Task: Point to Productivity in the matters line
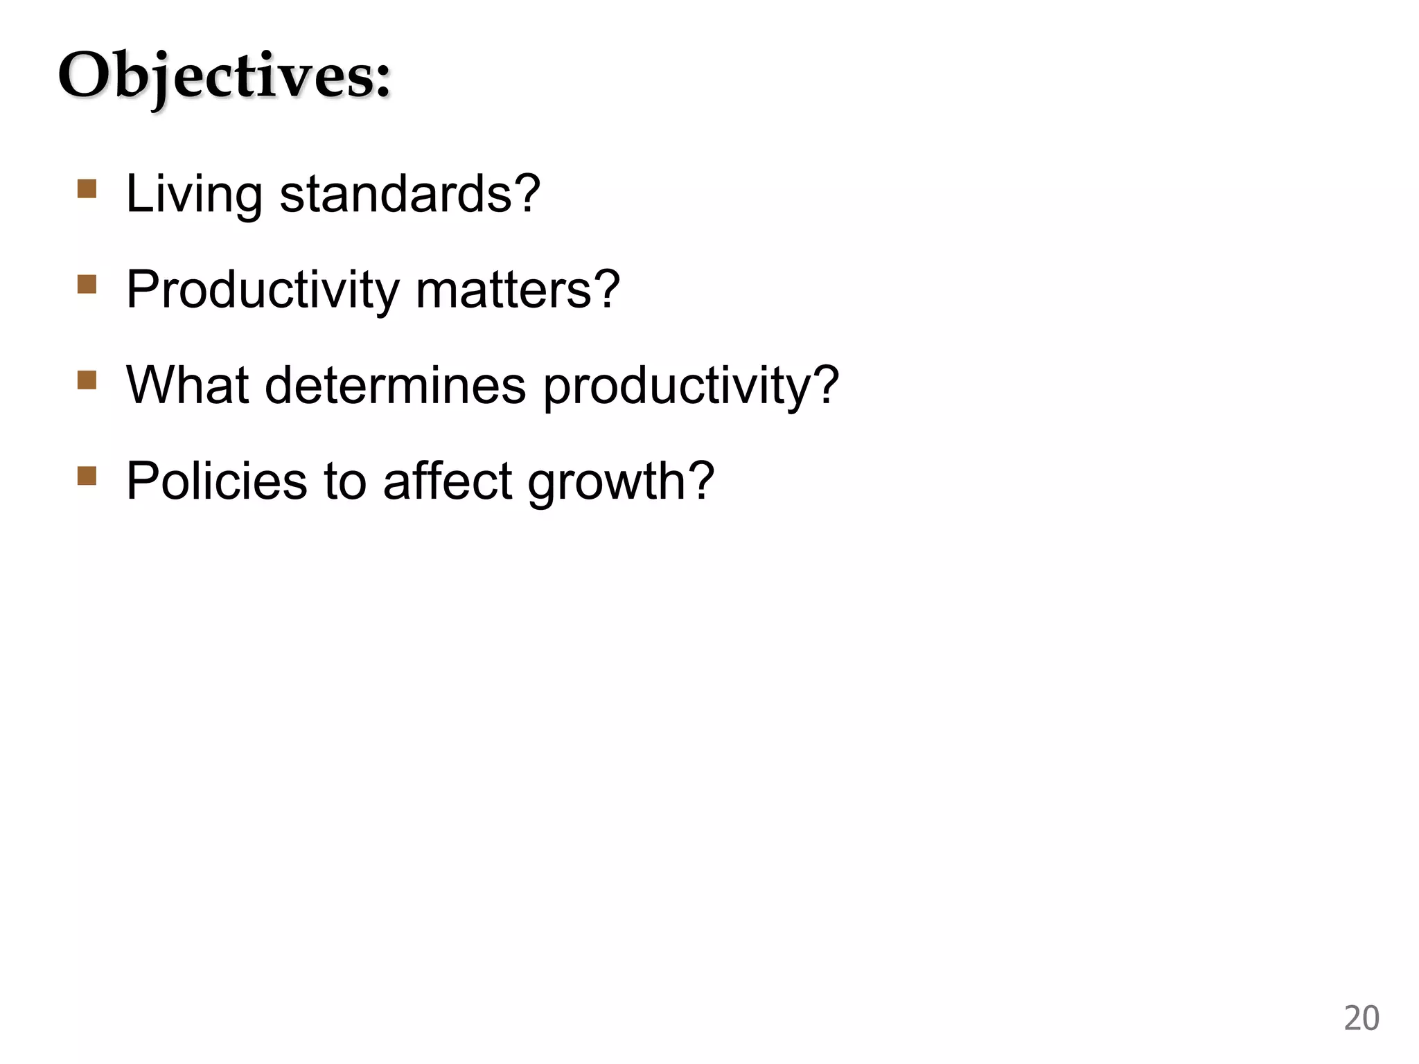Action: click(x=263, y=290)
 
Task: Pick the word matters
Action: click(x=504, y=290)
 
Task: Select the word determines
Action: click(x=395, y=385)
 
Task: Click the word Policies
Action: click(x=216, y=481)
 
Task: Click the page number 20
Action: click(x=1361, y=1018)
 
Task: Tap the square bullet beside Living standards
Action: click(x=87, y=189)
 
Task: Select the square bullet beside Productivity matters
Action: click(x=87, y=285)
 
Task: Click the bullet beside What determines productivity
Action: click(x=87, y=380)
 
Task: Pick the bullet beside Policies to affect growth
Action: click(x=87, y=476)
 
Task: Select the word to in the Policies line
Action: click(x=344, y=481)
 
